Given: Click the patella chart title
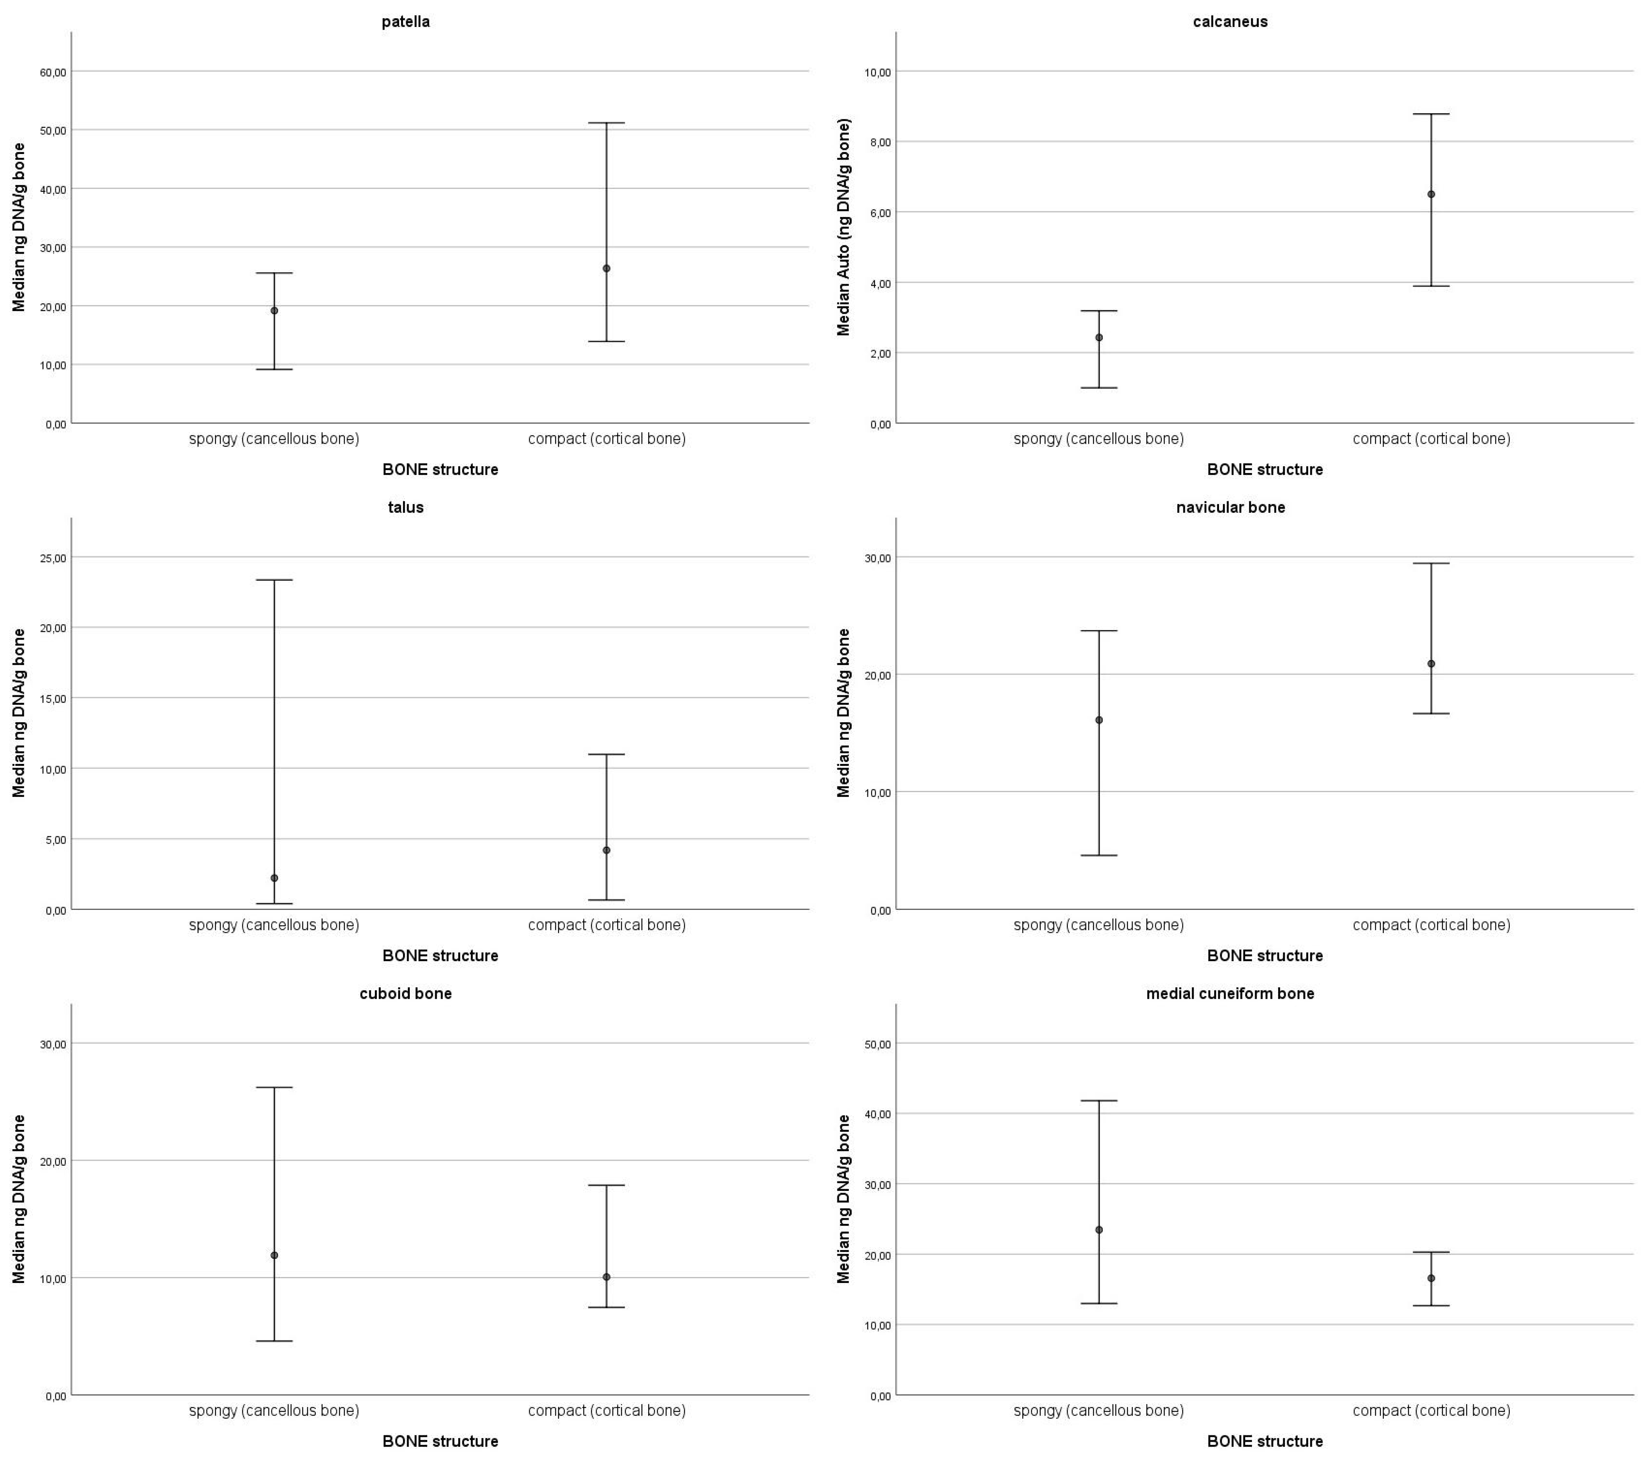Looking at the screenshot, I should coord(405,22).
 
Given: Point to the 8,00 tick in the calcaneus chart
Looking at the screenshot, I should coord(878,142).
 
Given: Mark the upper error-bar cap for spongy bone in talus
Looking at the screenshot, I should coord(275,580).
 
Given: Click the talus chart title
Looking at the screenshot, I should coord(405,508).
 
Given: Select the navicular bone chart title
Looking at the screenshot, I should coord(1231,508).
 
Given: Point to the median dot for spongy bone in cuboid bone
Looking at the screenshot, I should coord(275,1255).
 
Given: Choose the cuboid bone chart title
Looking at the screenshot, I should coord(405,993).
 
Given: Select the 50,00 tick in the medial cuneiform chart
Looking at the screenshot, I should coord(878,1044).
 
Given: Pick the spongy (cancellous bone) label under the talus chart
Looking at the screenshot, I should coord(275,925).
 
